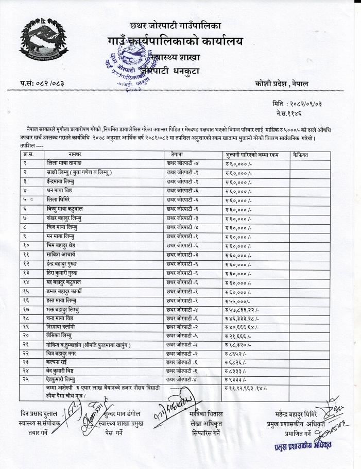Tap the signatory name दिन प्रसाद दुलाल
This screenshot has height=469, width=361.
click(34, 414)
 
